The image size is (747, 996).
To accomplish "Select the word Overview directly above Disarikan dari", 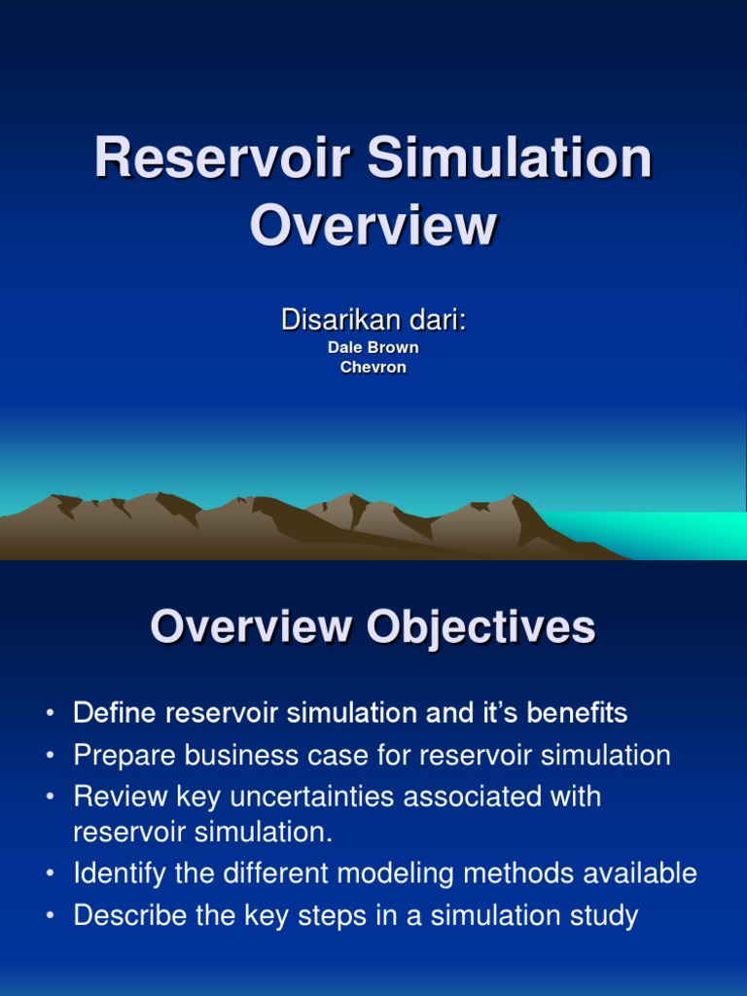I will [x=373, y=226].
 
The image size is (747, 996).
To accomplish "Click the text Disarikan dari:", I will [x=373, y=319].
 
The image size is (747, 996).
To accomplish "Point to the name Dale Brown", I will [x=373, y=347].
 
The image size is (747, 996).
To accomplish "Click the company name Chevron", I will [x=373, y=368].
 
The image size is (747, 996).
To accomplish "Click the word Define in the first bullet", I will [x=115, y=713].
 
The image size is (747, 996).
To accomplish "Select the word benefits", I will [x=577, y=713].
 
